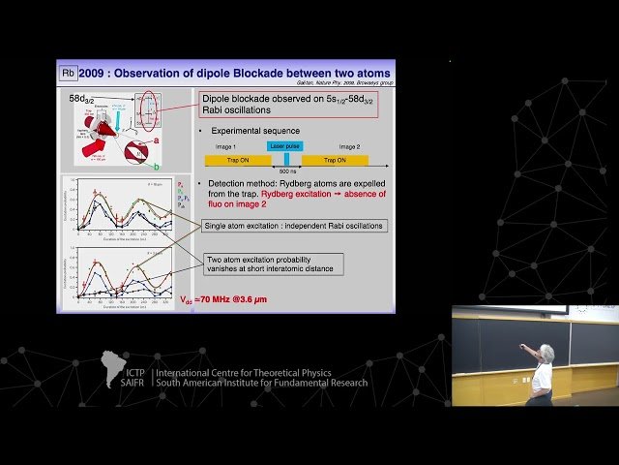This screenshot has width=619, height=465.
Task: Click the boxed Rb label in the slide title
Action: [69, 73]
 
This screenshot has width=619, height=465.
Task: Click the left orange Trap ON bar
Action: [232, 160]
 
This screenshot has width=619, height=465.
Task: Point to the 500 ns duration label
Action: [287, 172]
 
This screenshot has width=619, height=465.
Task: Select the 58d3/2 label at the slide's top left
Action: [82, 99]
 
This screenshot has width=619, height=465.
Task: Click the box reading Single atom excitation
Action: [294, 226]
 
